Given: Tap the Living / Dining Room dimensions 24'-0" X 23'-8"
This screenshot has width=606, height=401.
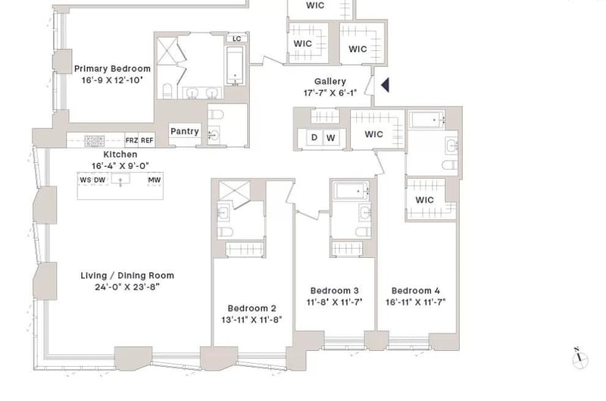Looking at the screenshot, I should click(127, 287).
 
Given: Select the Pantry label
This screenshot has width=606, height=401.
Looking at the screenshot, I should click(184, 131).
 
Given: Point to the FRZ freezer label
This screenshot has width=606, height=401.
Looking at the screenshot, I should click(131, 140).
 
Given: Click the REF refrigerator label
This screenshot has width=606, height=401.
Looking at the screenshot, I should click(146, 140).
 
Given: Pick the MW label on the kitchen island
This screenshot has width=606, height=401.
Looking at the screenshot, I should click(154, 180).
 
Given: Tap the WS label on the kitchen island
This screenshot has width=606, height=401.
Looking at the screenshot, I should click(85, 180).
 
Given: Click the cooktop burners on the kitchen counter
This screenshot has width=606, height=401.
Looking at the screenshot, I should click(94, 140).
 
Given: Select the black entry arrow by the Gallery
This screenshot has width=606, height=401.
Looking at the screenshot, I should click(384, 85).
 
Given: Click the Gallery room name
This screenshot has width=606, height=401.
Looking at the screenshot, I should click(330, 82).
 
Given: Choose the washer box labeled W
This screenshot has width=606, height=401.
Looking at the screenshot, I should click(331, 137).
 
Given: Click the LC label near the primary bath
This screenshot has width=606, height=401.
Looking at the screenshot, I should click(236, 38).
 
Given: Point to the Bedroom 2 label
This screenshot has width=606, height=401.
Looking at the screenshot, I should click(251, 308).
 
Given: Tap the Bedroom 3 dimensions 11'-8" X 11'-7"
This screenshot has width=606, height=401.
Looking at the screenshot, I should click(334, 302).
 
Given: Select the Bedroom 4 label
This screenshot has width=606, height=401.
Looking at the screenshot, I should click(415, 290).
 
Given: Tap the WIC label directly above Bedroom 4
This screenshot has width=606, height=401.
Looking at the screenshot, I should click(424, 200).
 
